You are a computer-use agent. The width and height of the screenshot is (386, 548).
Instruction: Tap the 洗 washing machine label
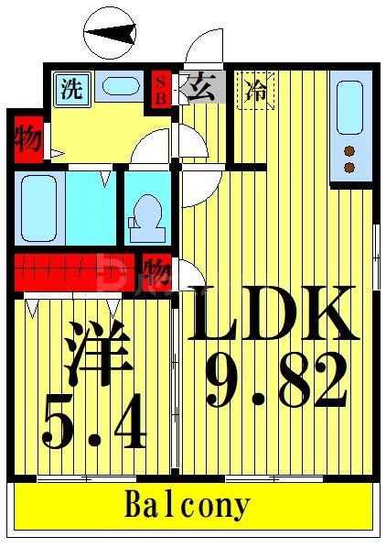pyautogui.click(x=70, y=89)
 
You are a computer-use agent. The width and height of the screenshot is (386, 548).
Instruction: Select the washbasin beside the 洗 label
pyautogui.click(x=116, y=87)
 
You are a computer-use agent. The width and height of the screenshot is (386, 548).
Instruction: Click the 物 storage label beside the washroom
pyautogui.click(x=27, y=140)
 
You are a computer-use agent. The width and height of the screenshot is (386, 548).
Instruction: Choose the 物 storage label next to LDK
pyautogui.click(x=156, y=272)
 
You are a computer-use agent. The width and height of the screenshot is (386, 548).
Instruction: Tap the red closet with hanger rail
pyautogui.click(x=73, y=272)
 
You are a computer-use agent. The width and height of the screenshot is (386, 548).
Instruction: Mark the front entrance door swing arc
pyautogui.click(x=201, y=46)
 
